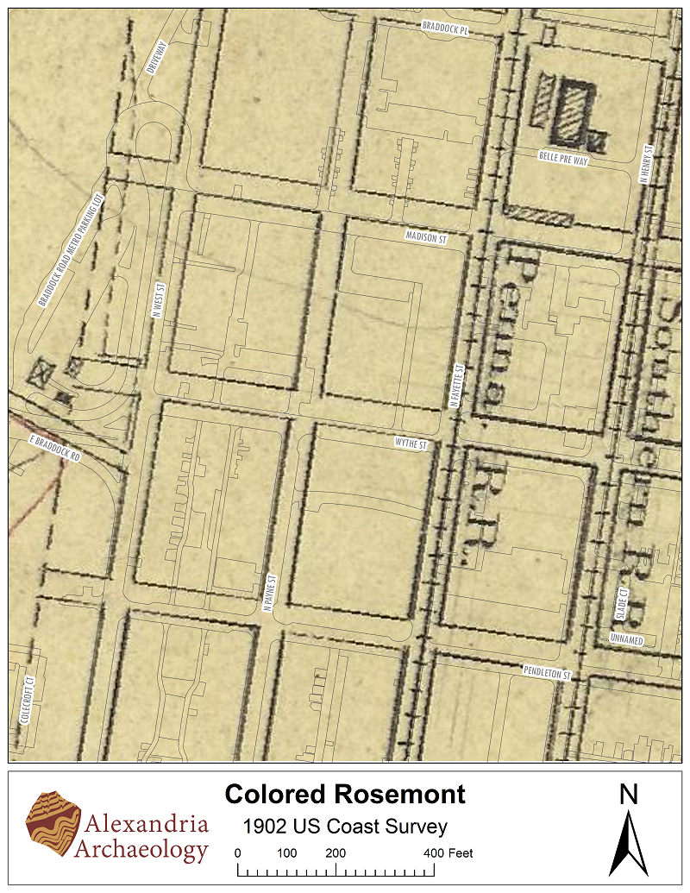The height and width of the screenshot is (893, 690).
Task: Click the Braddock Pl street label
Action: pyautogui.click(x=444, y=28)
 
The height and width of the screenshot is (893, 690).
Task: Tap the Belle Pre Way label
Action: pyautogui.click(x=562, y=158)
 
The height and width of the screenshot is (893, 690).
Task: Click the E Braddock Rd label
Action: pyautogui.click(x=54, y=450)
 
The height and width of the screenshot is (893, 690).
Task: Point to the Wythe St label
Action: pyautogui.click(x=411, y=443)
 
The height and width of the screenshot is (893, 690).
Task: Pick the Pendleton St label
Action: pyautogui.click(x=547, y=671)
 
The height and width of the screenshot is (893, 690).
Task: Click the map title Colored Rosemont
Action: pyautogui.click(x=344, y=795)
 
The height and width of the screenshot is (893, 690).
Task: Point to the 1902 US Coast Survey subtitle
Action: pyautogui.click(x=345, y=827)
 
